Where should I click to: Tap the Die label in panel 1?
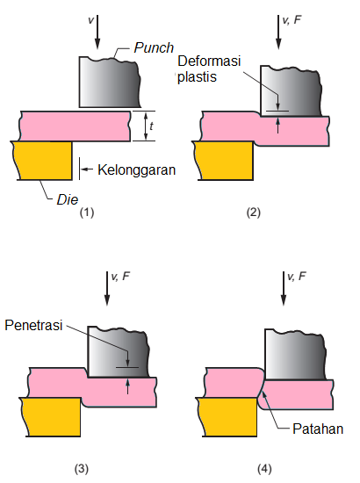[67, 198]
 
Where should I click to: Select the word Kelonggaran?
[134, 169]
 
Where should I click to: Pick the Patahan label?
[319, 429]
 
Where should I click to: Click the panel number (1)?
[85, 213]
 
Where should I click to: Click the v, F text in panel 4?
[296, 276]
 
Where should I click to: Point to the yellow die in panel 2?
[224, 160]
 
